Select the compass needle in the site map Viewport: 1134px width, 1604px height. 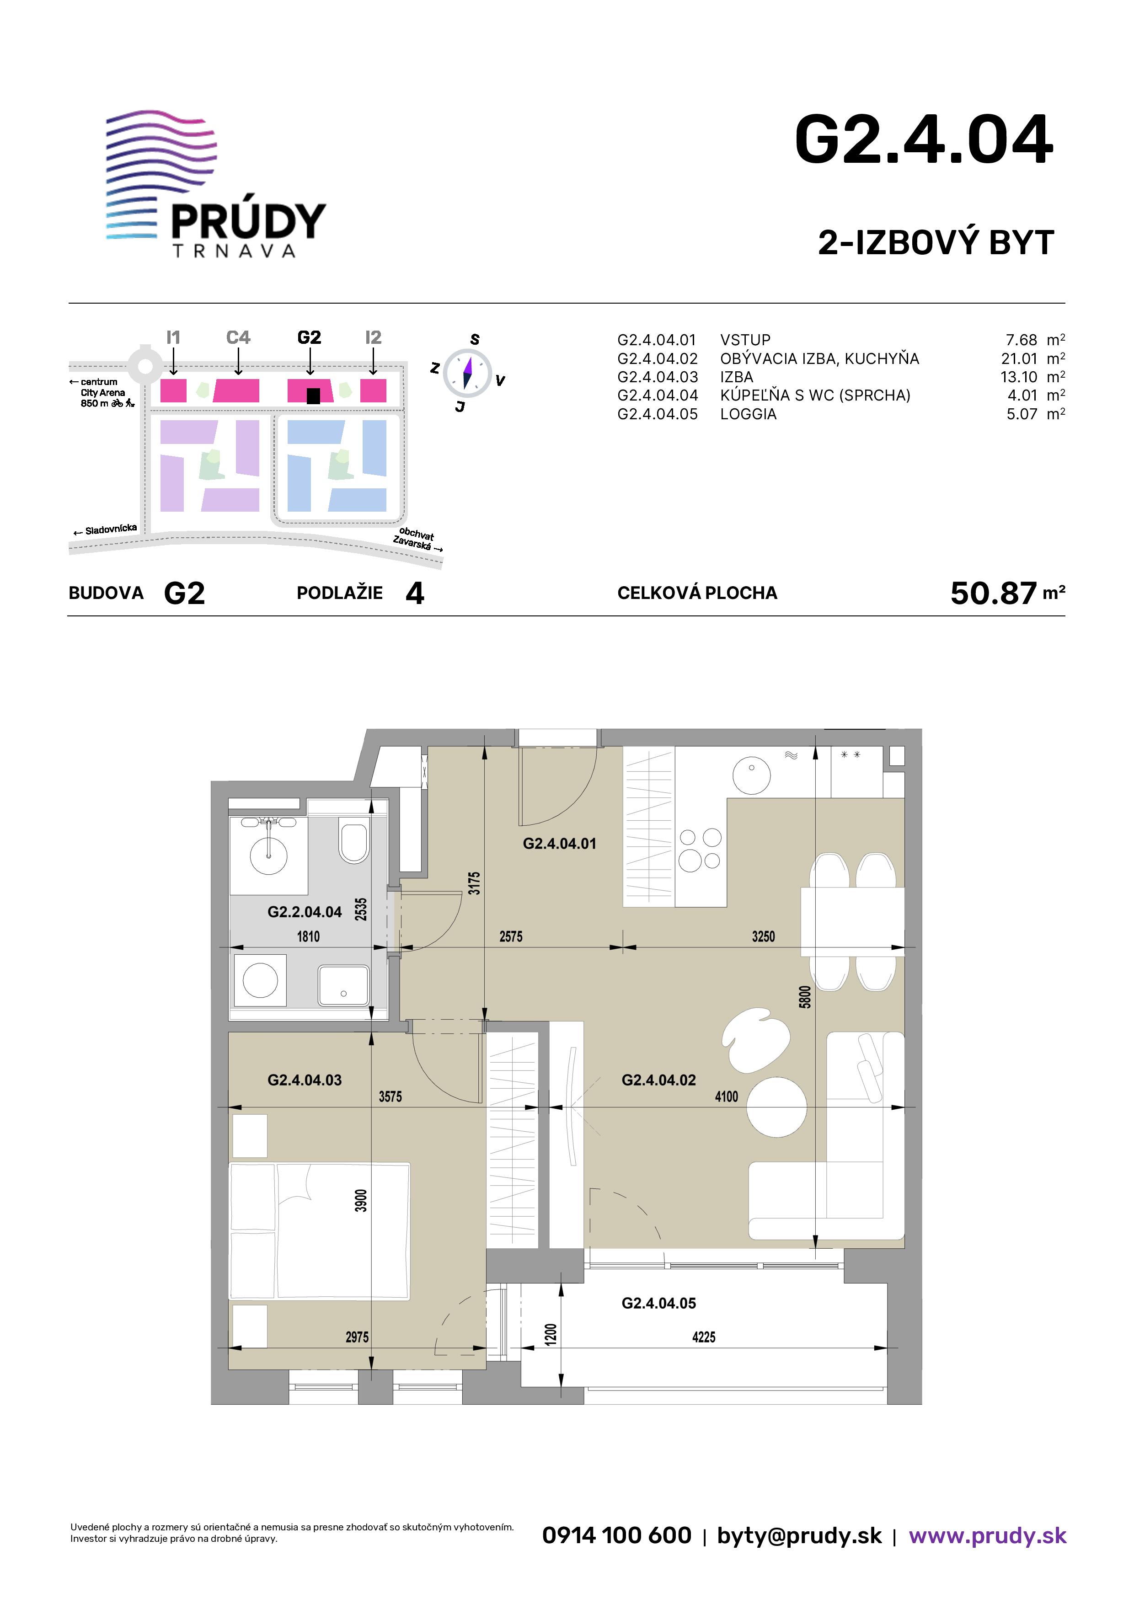(467, 372)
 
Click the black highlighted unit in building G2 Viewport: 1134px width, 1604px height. (313, 396)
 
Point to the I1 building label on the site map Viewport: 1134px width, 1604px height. (173, 337)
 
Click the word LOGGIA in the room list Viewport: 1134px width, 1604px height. (749, 414)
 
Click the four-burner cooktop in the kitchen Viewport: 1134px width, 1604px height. (700, 850)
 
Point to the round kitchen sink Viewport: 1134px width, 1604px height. (751, 774)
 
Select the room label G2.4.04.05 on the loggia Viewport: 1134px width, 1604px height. (659, 1303)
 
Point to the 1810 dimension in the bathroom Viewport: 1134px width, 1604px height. (308, 936)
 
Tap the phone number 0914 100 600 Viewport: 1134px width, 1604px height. (616, 1535)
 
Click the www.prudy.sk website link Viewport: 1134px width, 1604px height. (987, 1535)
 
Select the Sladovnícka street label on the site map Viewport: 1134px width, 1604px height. (110, 529)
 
